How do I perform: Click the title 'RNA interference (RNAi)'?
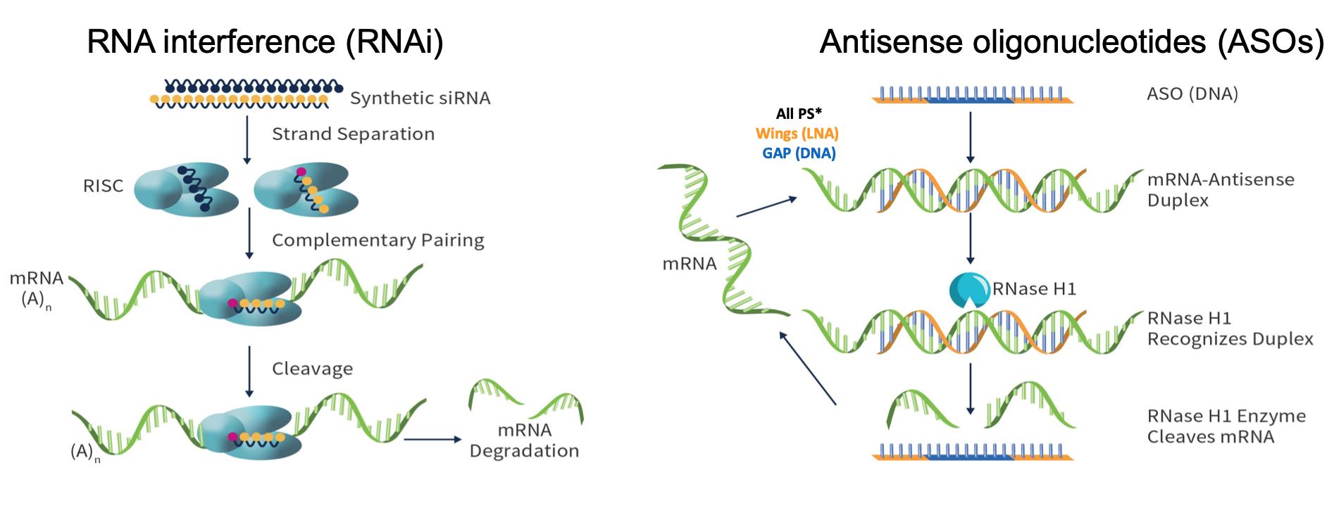[x=265, y=43]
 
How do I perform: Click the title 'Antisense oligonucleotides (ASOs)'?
[x=1071, y=43]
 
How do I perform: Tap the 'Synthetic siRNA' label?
[x=420, y=98]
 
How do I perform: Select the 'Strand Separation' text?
[x=353, y=134]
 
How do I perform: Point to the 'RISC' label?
[x=103, y=186]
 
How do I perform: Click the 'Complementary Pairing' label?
[x=378, y=241]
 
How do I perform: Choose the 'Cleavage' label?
[x=312, y=369]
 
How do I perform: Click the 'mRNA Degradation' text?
[x=524, y=440]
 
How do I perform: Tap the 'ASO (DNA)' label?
[x=1192, y=94]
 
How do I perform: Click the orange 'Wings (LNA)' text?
[x=797, y=133]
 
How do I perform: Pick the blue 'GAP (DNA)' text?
[x=799, y=153]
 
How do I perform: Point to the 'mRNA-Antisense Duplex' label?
[x=1220, y=189]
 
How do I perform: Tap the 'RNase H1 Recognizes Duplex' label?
[x=1230, y=329]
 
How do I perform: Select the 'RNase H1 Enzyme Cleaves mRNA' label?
[x=1226, y=426]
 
